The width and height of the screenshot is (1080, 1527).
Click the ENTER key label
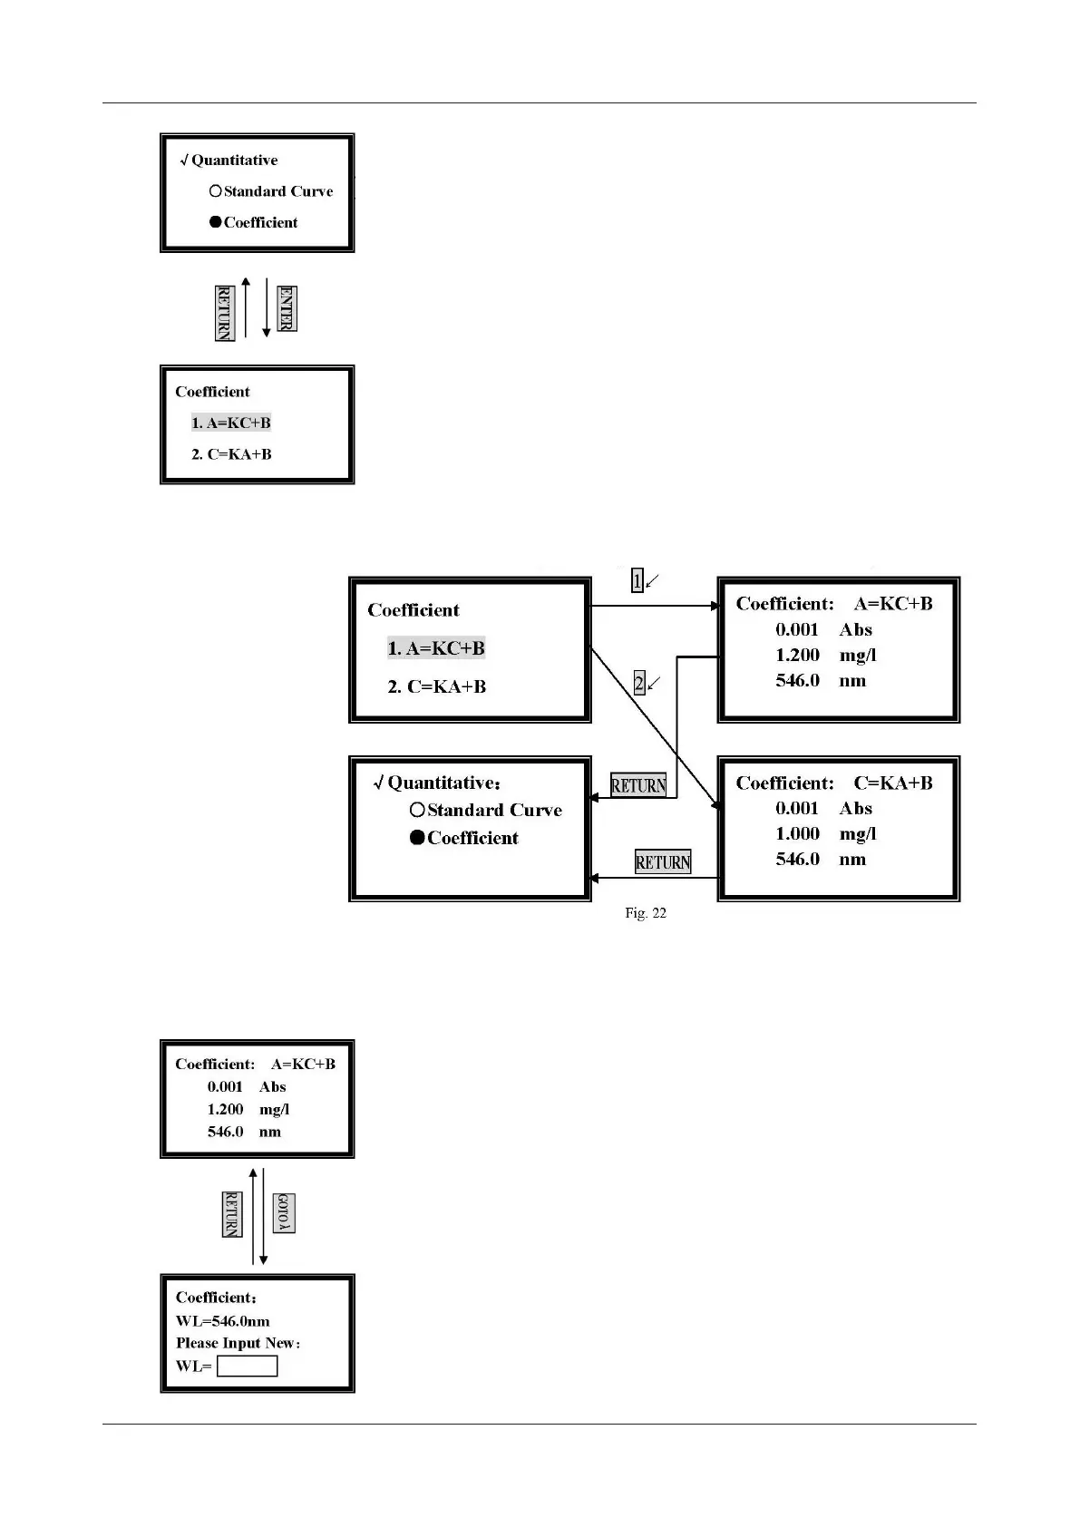[x=287, y=309]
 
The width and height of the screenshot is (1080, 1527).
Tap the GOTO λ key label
[x=284, y=1213]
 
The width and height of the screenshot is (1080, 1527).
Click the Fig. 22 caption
[x=645, y=913]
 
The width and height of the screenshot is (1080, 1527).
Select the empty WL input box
[x=248, y=1367]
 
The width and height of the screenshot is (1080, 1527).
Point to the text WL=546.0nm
[x=222, y=1321]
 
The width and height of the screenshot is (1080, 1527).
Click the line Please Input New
[x=238, y=1343]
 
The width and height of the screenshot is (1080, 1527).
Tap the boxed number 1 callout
[x=637, y=581]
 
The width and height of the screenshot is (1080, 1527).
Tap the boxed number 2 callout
[x=639, y=684]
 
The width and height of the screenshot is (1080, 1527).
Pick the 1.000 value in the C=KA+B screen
[x=797, y=834]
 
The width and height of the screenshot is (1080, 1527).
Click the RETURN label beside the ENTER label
[x=224, y=313]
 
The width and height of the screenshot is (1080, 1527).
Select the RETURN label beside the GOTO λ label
[x=232, y=1214]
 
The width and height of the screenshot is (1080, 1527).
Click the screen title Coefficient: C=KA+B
[x=833, y=783]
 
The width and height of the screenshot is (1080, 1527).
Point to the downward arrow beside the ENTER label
[x=267, y=308]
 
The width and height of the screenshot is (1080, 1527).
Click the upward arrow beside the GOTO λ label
[x=253, y=1215]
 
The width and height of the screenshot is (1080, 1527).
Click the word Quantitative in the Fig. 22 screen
[x=443, y=783]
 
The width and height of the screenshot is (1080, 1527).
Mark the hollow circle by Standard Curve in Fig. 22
[x=417, y=810]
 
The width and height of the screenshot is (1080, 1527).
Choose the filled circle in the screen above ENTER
[x=216, y=222]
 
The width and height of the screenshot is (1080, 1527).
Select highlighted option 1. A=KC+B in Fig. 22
[x=436, y=648]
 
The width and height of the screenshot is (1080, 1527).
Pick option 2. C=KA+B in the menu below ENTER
[x=231, y=454]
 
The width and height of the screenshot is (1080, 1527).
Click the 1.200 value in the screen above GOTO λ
[x=225, y=1109]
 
